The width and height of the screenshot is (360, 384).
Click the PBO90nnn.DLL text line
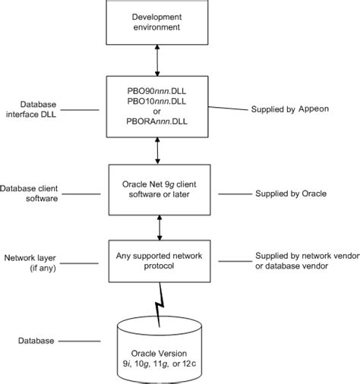[156, 89]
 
